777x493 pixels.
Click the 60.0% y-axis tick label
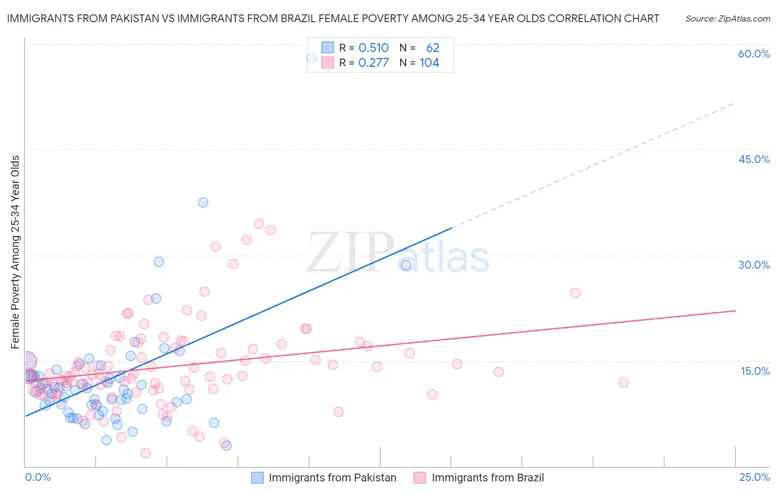click(754, 54)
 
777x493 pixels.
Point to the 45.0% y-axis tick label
click(754, 159)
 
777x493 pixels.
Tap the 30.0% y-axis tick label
click(754, 265)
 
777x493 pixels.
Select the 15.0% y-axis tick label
click(755, 371)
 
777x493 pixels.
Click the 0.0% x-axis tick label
click(38, 477)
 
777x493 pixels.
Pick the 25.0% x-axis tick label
click(754, 477)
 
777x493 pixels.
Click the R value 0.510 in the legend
click(374, 48)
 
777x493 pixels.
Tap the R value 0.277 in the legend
click(374, 63)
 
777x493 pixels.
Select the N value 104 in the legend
click(429, 63)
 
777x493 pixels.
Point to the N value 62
click(433, 48)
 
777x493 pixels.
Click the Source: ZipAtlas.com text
click(727, 18)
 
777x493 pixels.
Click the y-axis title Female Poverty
click(15, 252)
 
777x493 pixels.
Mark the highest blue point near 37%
click(203, 202)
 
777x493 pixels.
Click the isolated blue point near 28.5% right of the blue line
click(406, 265)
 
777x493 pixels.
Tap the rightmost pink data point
click(623, 382)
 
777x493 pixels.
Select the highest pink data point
click(259, 224)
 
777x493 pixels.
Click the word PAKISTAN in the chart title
click(112, 18)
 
